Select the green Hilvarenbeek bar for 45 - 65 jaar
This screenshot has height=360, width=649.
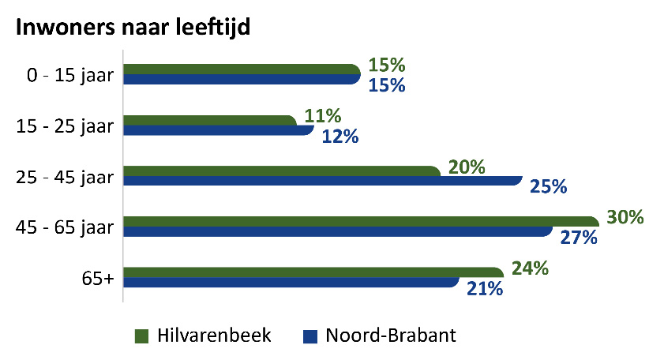click(x=360, y=221)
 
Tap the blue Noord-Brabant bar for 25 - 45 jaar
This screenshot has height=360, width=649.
click(x=322, y=181)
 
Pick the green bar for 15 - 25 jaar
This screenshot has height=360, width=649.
click(x=209, y=120)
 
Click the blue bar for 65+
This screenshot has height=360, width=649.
click(x=291, y=282)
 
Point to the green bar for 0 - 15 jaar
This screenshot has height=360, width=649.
click(x=241, y=69)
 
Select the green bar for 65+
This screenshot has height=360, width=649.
click(x=312, y=272)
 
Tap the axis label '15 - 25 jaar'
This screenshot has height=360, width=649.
click(x=66, y=126)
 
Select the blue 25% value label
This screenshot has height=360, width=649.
click(x=549, y=187)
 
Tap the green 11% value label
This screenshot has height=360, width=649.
click(x=323, y=117)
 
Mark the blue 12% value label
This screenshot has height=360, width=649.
click(x=340, y=137)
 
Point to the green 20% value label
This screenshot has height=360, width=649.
click(x=466, y=167)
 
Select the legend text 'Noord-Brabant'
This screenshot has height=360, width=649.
click(x=391, y=336)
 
